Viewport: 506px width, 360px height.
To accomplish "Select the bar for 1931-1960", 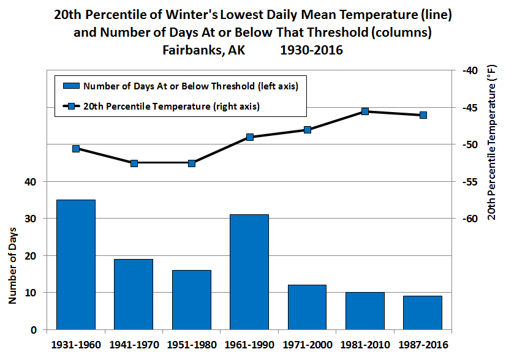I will point(76,264).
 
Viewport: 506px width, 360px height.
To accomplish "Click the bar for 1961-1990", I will point(249,272).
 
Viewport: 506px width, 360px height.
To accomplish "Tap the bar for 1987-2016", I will point(423,312).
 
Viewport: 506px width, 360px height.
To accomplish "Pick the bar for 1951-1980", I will point(192,299).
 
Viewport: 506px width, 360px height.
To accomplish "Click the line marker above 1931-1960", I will point(76,149).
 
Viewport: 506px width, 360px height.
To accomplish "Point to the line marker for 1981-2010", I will point(365,111).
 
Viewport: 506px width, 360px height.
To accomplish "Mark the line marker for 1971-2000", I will point(308,130).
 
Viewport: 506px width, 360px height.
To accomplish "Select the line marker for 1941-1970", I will point(134,163).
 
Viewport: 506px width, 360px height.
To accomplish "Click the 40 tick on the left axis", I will point(31,182).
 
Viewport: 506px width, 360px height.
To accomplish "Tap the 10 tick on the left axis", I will point(31,293).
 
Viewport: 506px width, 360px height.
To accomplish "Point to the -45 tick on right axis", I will point(467,108).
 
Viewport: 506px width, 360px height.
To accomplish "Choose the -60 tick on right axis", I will point(467,219).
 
